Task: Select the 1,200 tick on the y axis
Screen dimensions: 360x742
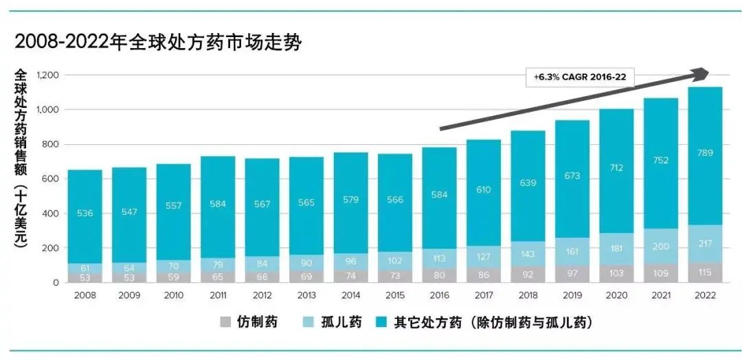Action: point(48,75)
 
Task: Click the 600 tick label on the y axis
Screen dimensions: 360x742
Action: point(52,179)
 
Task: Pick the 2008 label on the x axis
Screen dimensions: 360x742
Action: point(85,295)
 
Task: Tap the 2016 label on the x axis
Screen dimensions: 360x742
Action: point(439,295)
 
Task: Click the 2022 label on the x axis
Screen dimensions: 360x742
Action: point(705,295)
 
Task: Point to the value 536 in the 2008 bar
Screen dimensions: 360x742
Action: point(85,214)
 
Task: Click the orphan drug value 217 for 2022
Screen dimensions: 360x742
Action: point(705,243)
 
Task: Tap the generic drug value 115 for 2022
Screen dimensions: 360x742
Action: point(705,272)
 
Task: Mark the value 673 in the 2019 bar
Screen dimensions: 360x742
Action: point(572,176)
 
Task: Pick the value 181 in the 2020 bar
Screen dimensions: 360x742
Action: point(616,248)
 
